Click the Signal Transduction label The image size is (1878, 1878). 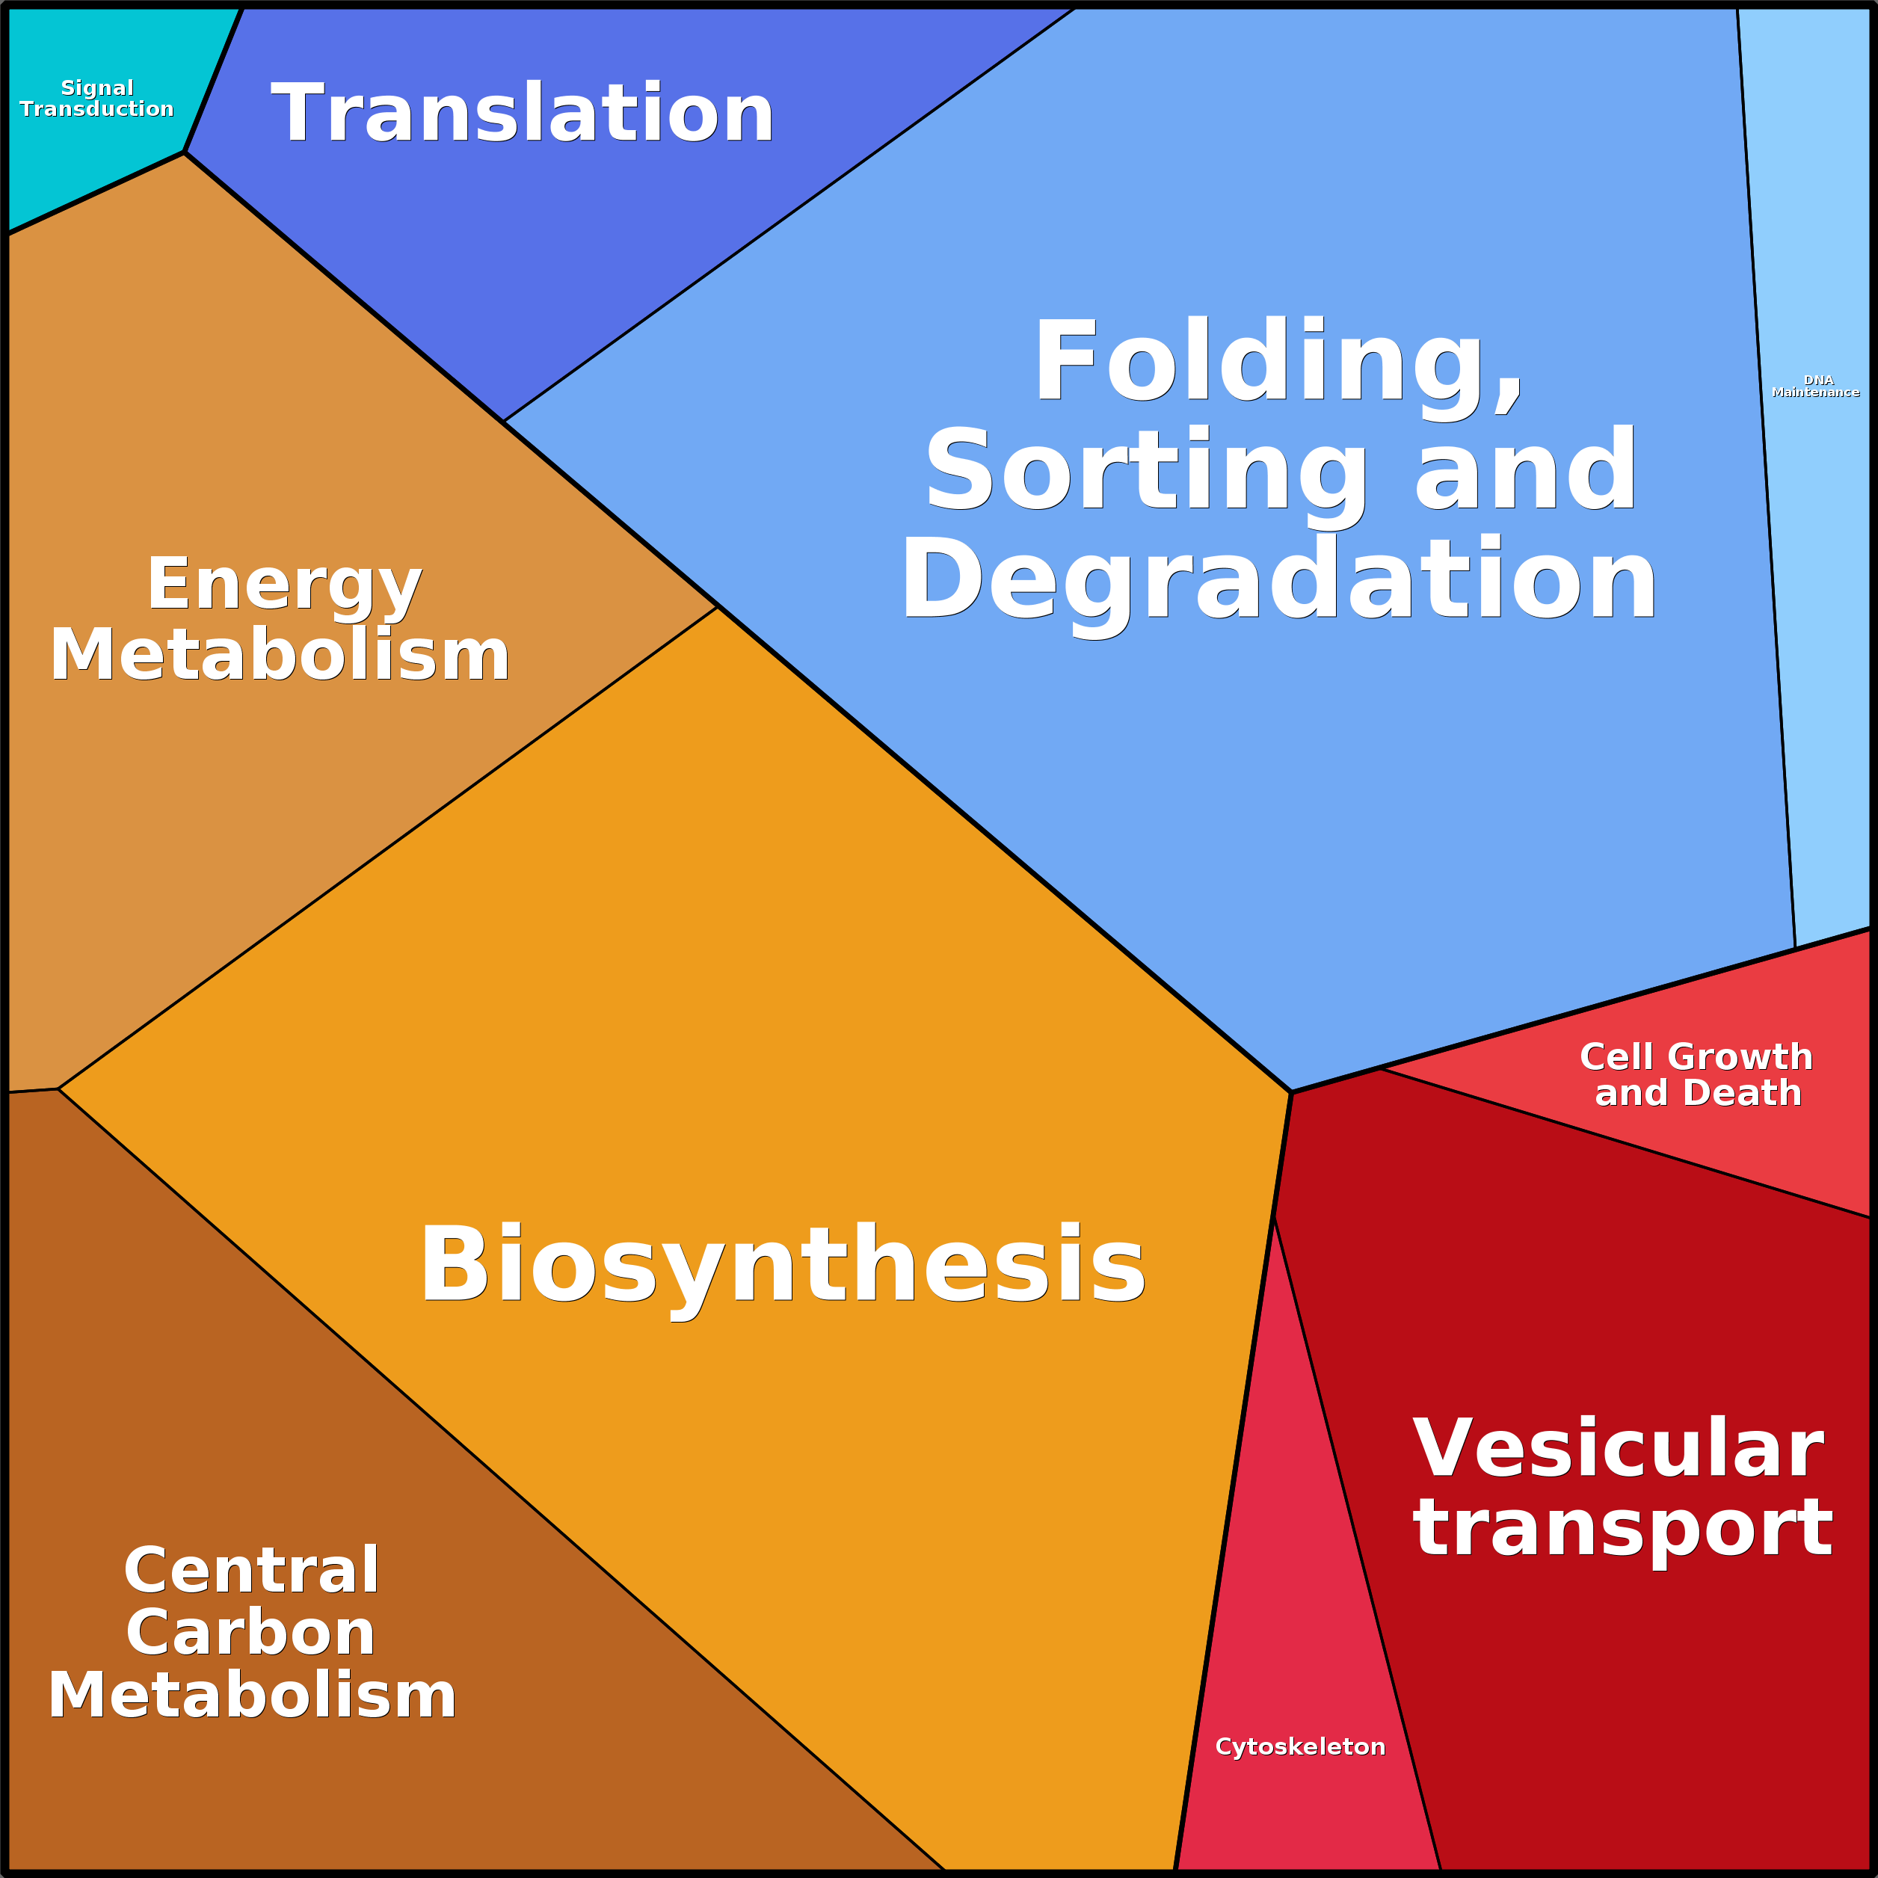[96, 98]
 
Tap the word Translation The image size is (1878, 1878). [522, 114]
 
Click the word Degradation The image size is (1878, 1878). [1278, 580]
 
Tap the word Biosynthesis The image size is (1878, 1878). [783, 1266]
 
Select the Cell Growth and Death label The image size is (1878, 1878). [1696, 1074]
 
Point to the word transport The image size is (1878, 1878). [1622, 1529]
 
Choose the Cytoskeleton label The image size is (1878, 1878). [1299, 1746]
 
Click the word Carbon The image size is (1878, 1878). [250, 1633]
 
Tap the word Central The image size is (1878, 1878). [250, 1570]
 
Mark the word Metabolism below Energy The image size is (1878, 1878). [280, 655]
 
